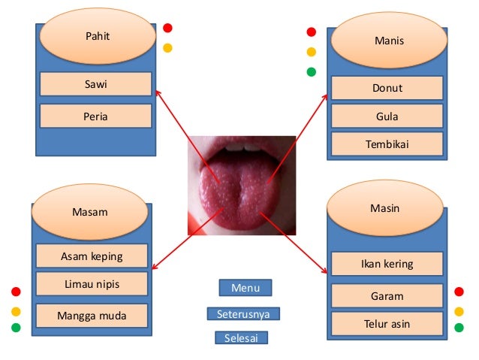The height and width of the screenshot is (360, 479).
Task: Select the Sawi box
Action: click(x=95, y=84)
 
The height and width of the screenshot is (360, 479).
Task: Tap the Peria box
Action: click(x=95, y=116)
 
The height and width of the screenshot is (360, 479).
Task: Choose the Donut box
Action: click(x=387, y=88)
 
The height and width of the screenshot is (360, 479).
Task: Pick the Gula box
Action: click(x=387, y=116)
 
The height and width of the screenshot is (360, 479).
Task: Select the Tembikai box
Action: click(x=387, y=144)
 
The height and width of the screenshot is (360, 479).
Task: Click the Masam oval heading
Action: click(x=89, y=212)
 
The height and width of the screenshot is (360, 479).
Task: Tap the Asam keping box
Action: click(x=92, y=256)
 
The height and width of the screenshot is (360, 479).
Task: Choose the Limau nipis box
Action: click(x=92, y=284)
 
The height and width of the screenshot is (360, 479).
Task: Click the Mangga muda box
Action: click(x=92, y=315)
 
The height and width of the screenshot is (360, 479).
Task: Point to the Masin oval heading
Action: click(x=384, y=208)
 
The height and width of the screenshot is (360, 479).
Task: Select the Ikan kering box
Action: click(x=387, y=264)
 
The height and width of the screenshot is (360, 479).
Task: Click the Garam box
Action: click(x=387, y=296)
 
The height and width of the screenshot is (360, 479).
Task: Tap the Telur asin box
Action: click(x=387, y=324)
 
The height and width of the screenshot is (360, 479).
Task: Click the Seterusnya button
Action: click(x=243, y=314)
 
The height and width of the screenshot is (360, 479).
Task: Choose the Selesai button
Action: click(x=240, y=338)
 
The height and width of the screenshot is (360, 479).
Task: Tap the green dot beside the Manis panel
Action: click(x=312, y=72)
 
